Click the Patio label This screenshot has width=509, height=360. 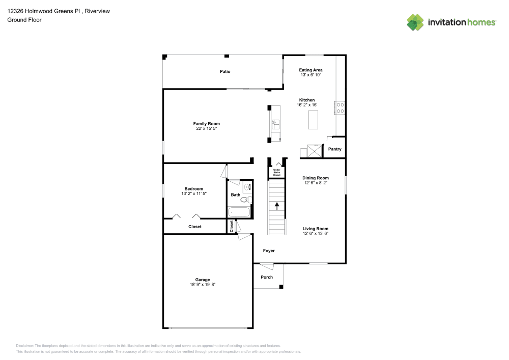[x=225, y=71]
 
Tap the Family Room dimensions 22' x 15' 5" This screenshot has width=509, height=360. [x=206, y=129]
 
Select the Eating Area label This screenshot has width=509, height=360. [x=310, y=70]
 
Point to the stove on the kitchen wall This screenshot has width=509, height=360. [x=340, y=107]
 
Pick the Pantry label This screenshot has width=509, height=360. [x=334, y=149]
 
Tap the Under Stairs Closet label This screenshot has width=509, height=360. [x=277, y=173]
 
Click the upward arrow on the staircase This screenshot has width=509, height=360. [x=277, y=206]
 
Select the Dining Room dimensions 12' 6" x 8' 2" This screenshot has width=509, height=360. [x=316, y=183]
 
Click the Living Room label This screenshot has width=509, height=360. [x=316, y=229]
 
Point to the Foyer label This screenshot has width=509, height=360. [x=269, y=251]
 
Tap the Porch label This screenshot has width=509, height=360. [x=267, y=277]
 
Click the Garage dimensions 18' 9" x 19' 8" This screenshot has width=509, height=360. [x=203, y=285]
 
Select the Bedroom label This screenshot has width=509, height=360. [x=193, y=188]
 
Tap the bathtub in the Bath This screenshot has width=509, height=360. [x=239, y=212]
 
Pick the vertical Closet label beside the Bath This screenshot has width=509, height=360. [x=232, y=227]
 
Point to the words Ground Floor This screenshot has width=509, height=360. [x=24, y=20]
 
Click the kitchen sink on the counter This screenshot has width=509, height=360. [x=275, y=123]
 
